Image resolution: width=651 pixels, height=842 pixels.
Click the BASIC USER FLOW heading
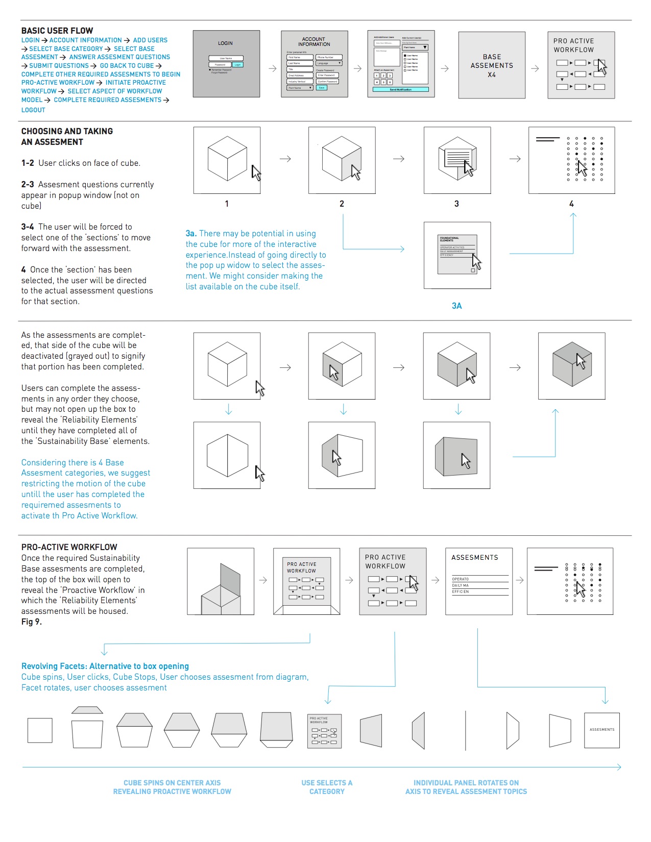pos(57,31)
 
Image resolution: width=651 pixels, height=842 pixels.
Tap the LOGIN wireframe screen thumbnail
pos(226,64)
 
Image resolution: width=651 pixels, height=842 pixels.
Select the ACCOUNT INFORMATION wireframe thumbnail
pos(314,64)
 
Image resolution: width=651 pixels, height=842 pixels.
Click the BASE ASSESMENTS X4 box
pos(492,65)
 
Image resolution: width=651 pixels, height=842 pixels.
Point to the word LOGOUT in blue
pos(33,110)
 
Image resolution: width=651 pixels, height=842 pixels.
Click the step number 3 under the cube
pos(456,204)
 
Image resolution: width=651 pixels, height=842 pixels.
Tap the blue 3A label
pos(456,306)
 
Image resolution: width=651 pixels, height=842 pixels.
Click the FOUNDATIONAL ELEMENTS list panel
pos(457,255)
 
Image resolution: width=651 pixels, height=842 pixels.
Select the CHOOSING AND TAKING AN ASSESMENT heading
pos(67,136)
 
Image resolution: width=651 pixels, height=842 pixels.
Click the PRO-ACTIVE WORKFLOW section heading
pos(69,547)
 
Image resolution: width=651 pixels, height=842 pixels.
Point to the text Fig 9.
pos(32,622)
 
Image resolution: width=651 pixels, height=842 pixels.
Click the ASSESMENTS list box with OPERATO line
pos(479,581)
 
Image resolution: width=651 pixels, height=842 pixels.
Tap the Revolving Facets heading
pos(105,666)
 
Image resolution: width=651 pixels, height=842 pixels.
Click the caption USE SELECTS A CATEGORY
pos(327,787)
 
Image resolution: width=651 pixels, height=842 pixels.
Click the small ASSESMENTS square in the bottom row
pos(602,730)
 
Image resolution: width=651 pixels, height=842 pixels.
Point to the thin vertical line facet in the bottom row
pos(466,730)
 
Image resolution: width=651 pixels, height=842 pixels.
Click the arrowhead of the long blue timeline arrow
pos(619,767)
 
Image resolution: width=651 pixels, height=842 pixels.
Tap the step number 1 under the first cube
pos(227,204)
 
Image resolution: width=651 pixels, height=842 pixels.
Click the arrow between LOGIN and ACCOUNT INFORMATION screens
pos(273,68)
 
